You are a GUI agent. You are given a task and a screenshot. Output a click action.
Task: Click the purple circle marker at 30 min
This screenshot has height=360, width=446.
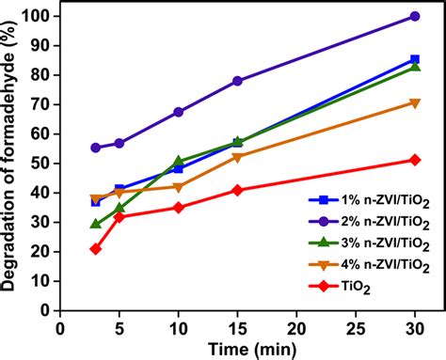[x=415, y=16]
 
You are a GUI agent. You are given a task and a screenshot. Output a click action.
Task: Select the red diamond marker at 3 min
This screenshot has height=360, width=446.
[x=95, y=248]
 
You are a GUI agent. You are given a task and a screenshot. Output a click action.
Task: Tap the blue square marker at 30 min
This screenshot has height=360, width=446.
[x=415, y=59]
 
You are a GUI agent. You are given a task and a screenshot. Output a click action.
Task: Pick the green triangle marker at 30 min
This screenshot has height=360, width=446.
[x=415, y=67]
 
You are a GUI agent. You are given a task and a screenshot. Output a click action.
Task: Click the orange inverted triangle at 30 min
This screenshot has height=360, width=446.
[x=415, y=102]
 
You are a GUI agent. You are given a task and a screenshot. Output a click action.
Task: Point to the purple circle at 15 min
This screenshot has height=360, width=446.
[x=237, y=81]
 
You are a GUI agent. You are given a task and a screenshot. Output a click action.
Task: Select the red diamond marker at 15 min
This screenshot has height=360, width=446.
[x=237, y=190]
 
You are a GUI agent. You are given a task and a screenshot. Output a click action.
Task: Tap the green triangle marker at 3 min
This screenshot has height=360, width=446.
[x=95, y=224]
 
